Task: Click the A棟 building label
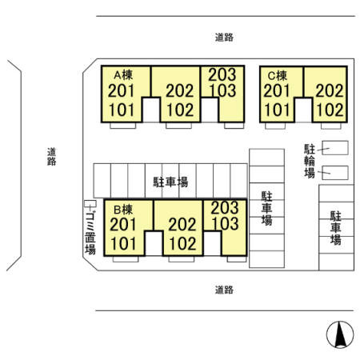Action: [123, 75]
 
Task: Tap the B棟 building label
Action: [123, 210]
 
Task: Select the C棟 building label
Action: [278, 76]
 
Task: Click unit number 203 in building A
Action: [222, 74]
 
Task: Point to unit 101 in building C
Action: [277, 110]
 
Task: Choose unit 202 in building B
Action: [182, 225]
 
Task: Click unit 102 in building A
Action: [180, 110]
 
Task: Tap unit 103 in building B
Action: [226, 223]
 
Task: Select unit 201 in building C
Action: [277, 90]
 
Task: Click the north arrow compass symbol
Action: [340, 334]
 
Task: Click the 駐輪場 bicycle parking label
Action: [310, 161]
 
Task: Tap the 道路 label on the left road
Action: [51, 157]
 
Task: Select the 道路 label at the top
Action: [224, 38]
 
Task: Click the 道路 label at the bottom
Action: [224, 290]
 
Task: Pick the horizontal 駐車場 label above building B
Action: [170, 182]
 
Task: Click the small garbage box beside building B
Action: [90, 203]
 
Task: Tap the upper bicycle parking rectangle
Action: [335, 148]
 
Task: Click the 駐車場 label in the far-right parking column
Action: [336, 228]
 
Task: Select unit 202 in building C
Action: [330, 90]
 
